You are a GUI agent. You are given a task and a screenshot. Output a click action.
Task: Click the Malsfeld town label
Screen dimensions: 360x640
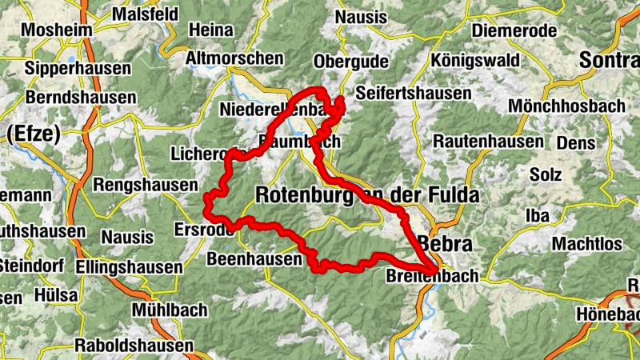tap(149, 14)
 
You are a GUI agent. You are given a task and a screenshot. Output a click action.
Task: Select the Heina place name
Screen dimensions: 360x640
tap(210, 30)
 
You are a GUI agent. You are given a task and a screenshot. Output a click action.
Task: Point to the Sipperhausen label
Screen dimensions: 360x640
tap(78, 69)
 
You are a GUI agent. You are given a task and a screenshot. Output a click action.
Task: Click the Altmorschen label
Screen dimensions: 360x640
tap(234, 58)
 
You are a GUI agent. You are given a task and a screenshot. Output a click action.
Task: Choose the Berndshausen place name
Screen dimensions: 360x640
tap(81, 97)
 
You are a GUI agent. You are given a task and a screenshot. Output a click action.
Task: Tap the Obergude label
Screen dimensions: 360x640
tap(351, 62)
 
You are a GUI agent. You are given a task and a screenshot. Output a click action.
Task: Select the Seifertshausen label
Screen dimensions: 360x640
tap(413, 94)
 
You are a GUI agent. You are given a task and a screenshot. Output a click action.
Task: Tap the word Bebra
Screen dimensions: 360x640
tap(446, 244)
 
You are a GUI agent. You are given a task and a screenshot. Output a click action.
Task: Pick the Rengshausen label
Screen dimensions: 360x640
tap(144, 185)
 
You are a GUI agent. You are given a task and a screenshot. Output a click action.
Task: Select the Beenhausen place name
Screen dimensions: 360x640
tap(254, 259)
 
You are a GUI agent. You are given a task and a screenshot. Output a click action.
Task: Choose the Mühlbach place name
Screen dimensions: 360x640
tap(170, 310)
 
